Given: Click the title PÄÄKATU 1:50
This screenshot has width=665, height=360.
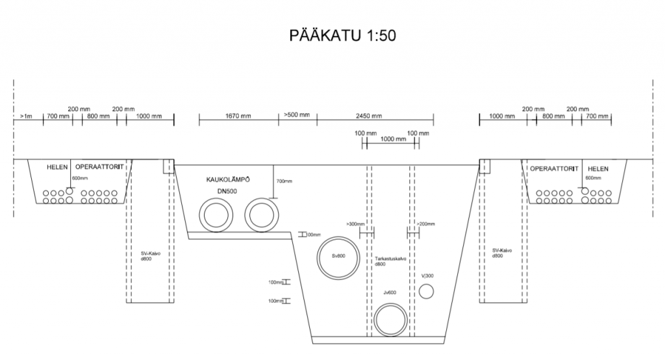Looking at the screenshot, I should (342, 35).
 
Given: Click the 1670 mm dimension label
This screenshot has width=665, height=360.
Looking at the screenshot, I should (238, 116).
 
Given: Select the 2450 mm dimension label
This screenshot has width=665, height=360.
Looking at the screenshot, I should (369, 116).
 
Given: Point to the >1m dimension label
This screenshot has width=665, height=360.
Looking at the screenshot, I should (26, 116).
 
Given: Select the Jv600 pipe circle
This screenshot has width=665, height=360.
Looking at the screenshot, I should (390, 319).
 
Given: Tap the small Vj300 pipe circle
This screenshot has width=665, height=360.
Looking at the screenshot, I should (425, 292).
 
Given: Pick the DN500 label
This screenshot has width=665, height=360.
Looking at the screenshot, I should (227, 191).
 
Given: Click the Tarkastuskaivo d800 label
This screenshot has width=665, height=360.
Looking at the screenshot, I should (390, 261).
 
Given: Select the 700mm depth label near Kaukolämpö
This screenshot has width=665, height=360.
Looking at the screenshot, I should (284, 181).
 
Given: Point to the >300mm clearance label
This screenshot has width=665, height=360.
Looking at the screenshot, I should (356, 224).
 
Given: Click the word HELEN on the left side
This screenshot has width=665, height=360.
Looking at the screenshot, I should (57, 168).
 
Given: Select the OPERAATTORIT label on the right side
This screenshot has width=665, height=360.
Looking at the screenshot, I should (553, 169).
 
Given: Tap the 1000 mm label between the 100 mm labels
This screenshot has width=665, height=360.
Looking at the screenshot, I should (393, 139).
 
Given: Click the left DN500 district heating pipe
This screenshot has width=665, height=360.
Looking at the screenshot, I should (214, 214).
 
